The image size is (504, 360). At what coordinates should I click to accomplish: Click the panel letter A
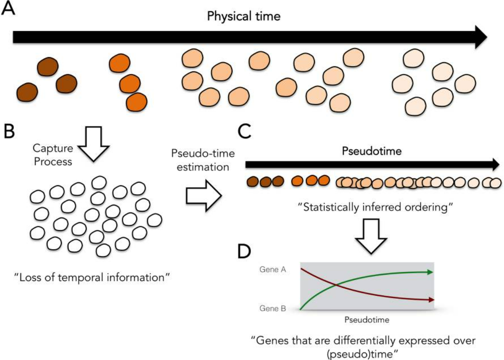[x=8, y=9]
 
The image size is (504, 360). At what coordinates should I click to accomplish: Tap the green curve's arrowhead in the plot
[x=430, y=272]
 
